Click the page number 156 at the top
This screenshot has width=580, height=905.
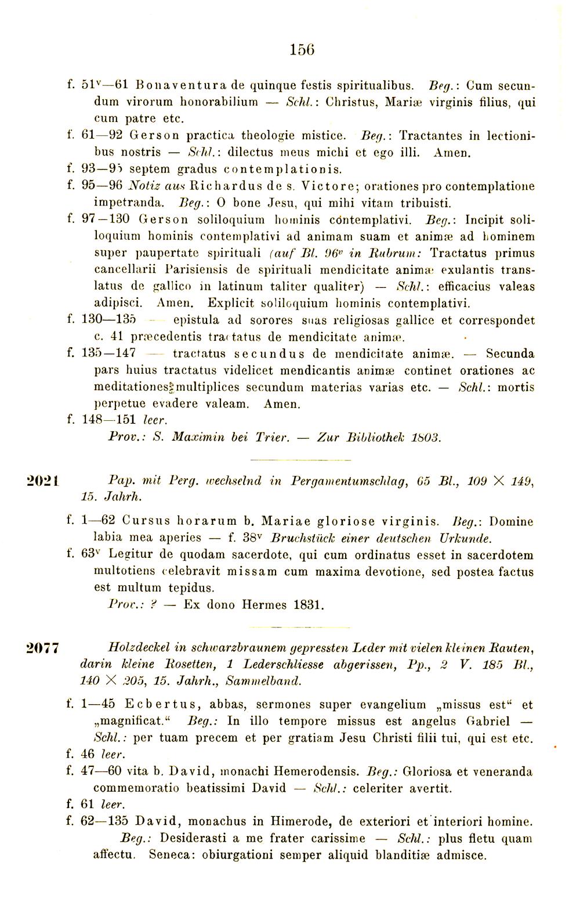click(302, 50)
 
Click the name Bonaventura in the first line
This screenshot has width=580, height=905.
click(173, 85)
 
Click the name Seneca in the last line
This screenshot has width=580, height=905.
click(169, 855)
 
